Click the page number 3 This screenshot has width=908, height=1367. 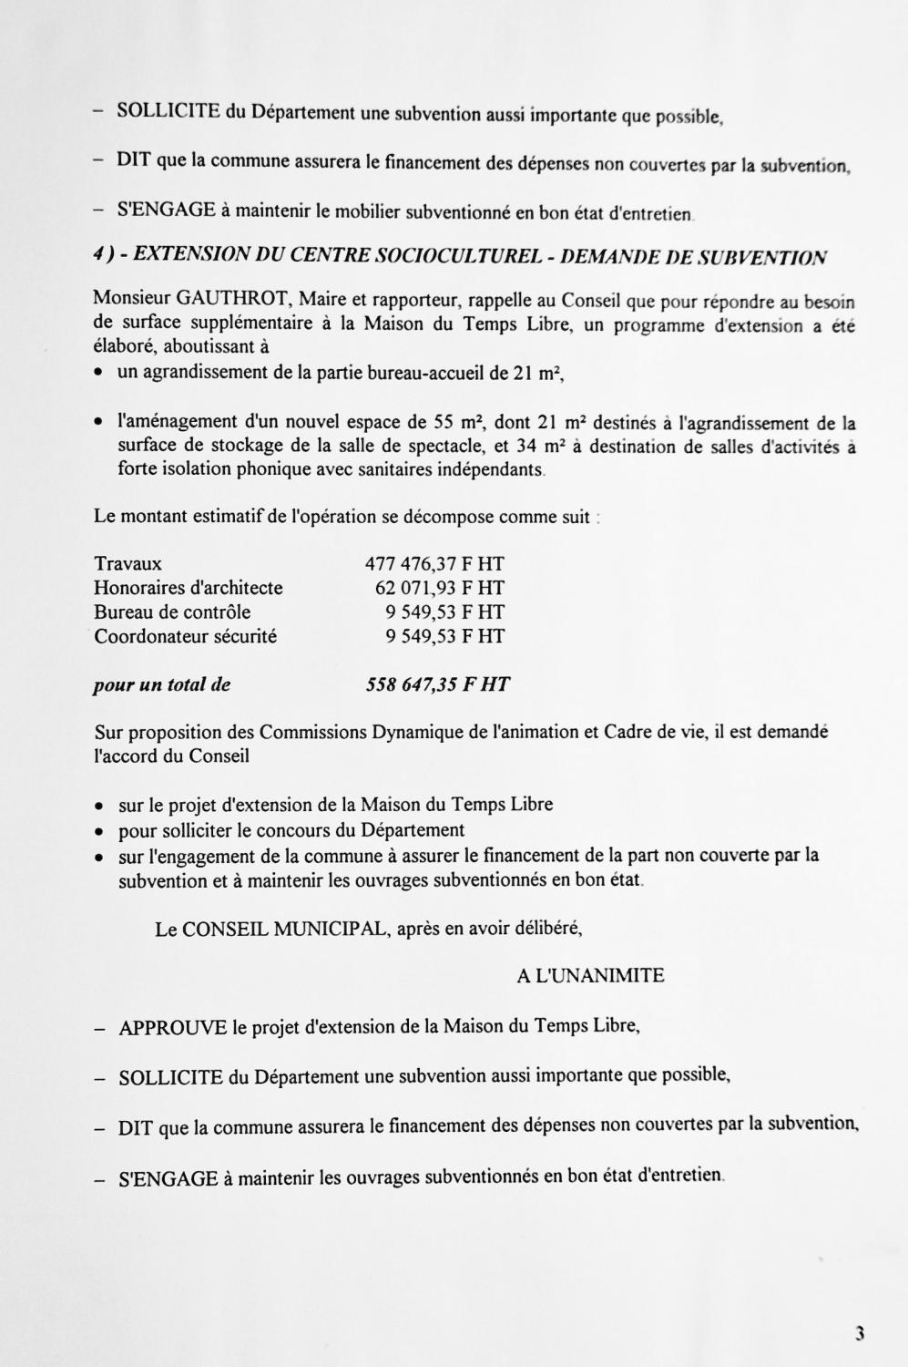point(859,1334)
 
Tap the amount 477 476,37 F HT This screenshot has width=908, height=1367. point(434,564)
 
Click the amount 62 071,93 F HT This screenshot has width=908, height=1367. point(439,588)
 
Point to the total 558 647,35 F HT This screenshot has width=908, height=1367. point(437,684)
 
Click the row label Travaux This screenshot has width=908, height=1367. point(128,564)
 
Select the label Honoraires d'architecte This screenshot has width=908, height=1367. point(188,588)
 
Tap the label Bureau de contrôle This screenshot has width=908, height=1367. point(172,612)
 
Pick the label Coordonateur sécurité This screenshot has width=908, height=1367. point(185,636)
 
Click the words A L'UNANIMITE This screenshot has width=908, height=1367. point(590,976)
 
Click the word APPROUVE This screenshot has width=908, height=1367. point(172,1028)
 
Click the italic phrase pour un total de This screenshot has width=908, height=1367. point(161,684)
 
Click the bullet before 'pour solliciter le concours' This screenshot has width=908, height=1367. point(98,831)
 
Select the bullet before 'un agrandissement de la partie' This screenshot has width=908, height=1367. point(98,373)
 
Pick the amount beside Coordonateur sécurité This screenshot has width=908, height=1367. point(444,636)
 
